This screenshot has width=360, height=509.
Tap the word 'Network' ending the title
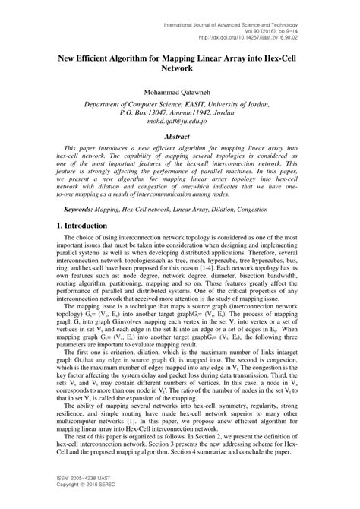tap(179, 68)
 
